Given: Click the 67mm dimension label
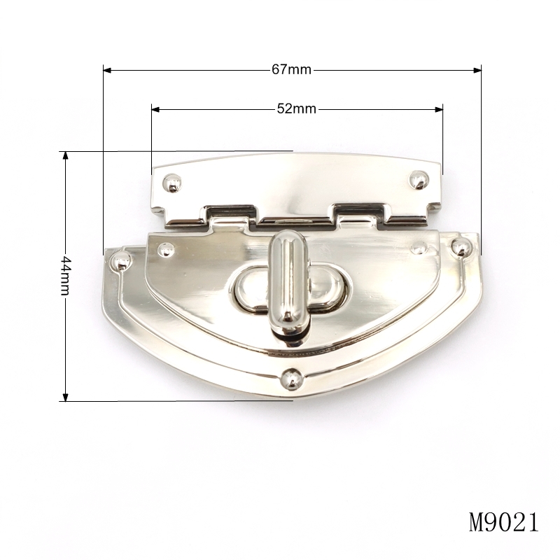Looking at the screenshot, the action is coord(291,69).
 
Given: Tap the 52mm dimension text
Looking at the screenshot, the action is coord(296,108).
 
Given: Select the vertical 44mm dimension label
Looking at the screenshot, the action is coord(65,276).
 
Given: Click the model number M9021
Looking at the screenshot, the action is coord(503,522).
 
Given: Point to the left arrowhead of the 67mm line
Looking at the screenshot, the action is coord(107,71).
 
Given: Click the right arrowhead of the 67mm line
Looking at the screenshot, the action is coord(477,71).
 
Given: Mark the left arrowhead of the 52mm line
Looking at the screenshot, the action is coord(155,109).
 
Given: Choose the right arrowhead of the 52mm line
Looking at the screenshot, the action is coord(439,109).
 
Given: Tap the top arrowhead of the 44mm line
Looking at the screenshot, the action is coord(65,155).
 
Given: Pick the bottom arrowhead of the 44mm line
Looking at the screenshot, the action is coord(65,397).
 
